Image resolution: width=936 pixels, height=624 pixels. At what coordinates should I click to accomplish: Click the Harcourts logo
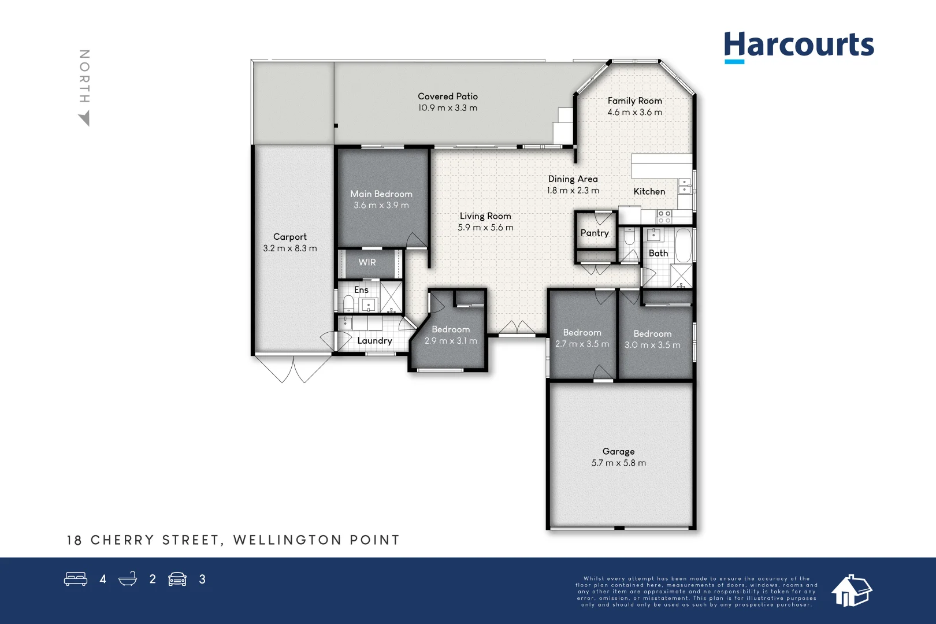(x=798, y=46)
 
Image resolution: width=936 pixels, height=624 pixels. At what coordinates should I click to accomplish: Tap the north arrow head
(x=85, y=119)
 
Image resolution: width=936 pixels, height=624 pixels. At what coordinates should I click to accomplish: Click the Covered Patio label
(x=448, y=96)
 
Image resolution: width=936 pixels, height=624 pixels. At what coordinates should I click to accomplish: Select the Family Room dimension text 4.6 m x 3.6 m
(x=634, y=113)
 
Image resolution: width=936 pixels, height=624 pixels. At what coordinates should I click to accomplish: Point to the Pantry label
(x=595, y=233)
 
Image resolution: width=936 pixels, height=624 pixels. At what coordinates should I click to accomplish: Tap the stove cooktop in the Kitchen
(x=664, y=217)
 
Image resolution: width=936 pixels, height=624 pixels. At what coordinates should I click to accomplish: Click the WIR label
(x=367, y=262)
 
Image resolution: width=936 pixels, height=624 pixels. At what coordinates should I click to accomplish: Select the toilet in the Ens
(x=348, y=303)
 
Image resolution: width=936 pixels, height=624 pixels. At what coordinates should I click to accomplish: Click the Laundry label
(x=374, y=341)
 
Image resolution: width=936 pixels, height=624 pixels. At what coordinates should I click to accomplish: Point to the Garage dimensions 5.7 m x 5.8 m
(x=618, y=463)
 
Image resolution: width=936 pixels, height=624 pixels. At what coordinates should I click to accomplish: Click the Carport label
(x=290, y=237)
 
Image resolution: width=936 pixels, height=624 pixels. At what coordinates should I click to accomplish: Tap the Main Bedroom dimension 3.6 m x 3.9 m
(x=381, y=206)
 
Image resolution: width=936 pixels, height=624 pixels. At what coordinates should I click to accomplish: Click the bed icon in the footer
(x=76, y=579)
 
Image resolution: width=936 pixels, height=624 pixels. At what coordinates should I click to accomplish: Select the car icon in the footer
(x=177, y=579)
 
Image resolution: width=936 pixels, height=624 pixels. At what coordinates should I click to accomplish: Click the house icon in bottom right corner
(x=851, y=590)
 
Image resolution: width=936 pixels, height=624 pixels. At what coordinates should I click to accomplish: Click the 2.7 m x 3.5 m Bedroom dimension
(x=582, y=344)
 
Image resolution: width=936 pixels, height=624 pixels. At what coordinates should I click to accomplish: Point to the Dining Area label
(x=573, y=179)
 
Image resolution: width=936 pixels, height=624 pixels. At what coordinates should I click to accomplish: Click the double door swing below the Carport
(x=293, y=370)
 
